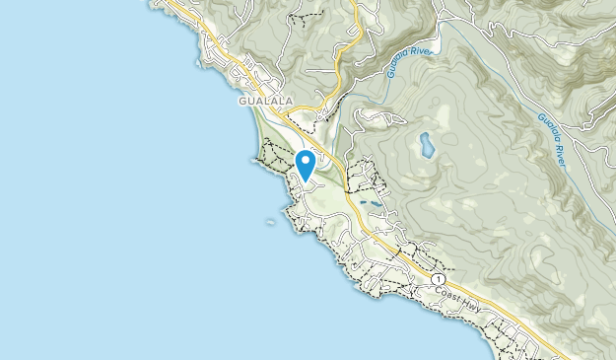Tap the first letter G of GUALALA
tap(241, 100)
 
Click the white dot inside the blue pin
tap(306, 159)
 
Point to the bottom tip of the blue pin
tap(306, 180)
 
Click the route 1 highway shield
tap(436, 280)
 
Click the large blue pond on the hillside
tap(427, 146)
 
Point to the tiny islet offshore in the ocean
tap(270, 223)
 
